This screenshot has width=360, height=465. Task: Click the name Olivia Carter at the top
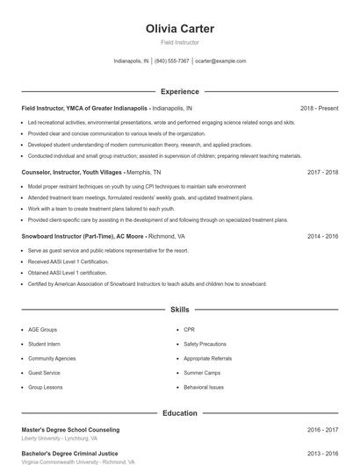pos(179,28)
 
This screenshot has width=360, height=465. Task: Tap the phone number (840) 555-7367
pos(172,61)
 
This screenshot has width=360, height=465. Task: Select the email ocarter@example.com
pos(220,61)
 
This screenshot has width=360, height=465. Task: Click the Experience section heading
pos(179,91)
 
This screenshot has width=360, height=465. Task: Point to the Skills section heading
pos(179,310)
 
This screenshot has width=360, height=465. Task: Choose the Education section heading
pos(179,412)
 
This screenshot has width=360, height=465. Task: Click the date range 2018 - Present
pos(319,108)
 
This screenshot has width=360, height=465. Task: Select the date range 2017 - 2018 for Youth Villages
pos(322,173)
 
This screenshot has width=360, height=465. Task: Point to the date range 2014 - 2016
pos(322,237)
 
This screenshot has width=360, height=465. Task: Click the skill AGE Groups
pos(43,330)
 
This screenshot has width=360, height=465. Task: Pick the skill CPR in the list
pos(190,330)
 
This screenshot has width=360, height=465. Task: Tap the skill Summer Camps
pos(201,373)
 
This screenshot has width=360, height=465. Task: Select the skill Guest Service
pos(46,373)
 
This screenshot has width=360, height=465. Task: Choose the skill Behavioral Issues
pos(204,387)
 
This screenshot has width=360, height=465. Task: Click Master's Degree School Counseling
pos(70,430)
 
